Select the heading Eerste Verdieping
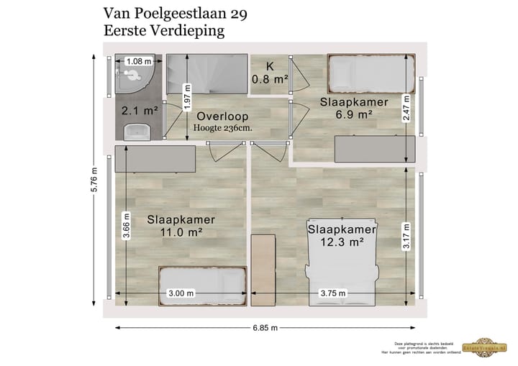pos(164,31)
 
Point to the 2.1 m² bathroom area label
pos(139,111)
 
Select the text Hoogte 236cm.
pos(222,128)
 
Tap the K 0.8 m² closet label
pos(270,73)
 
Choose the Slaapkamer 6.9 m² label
pos(353,108)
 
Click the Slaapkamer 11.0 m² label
pos(181,226)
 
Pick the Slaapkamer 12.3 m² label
pos(342,235)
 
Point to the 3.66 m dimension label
pos(127,225)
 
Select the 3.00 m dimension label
pos(181,293)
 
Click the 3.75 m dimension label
pos(332,293)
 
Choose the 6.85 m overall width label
pos(265,327)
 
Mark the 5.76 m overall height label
pos(95,178)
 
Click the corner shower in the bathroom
pos(132,80)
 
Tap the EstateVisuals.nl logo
pos(489,347)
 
